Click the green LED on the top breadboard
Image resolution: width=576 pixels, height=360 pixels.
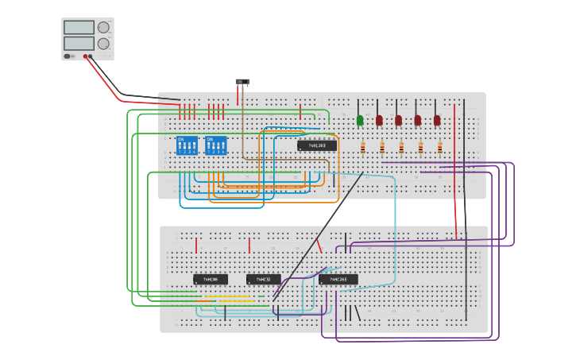360,120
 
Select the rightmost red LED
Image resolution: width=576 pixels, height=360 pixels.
437,120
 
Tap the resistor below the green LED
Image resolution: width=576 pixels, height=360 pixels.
363,147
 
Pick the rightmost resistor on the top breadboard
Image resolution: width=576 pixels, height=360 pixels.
440,147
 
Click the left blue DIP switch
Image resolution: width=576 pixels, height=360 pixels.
187,145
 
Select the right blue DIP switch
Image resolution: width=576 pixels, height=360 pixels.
215,145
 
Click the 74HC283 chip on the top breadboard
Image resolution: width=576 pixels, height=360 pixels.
317,145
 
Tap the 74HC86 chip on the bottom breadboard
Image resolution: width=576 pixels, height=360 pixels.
211,279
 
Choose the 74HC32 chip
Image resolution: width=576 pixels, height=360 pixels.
264,279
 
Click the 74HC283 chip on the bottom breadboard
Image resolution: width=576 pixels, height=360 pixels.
338,279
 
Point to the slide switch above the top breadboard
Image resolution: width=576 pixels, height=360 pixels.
242,81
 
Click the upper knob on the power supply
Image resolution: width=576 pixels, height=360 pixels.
103,27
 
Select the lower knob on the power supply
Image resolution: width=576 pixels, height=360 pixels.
103,44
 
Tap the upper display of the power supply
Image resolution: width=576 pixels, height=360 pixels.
79,27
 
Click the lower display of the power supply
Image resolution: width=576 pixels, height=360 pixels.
79,44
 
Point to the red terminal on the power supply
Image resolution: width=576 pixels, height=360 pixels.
85,56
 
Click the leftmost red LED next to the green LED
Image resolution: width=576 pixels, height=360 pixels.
379,120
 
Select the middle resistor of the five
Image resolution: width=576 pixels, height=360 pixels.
401,147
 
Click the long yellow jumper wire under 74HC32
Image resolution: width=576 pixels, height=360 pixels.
227,296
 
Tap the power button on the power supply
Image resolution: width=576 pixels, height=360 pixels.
68,56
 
